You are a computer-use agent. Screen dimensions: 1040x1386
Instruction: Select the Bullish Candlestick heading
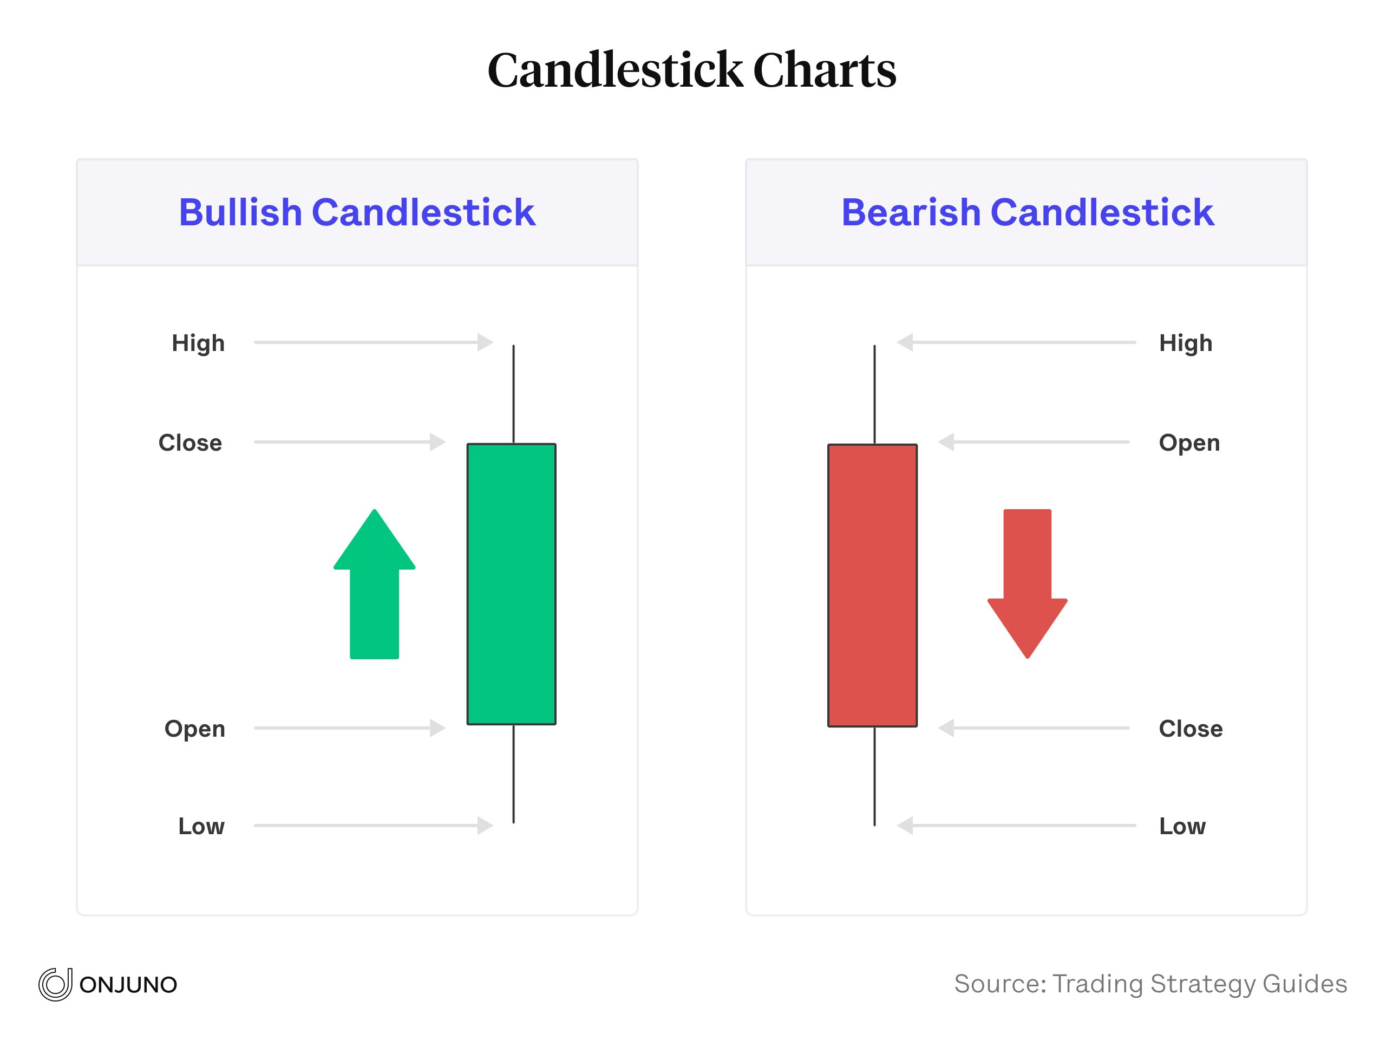coord(357,212)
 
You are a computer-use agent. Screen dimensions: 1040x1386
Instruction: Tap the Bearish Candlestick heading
coord(1027,212)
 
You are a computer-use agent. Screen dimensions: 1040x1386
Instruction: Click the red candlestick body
coord(872,585)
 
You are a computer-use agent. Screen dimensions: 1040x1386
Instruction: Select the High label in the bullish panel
coord(198,343)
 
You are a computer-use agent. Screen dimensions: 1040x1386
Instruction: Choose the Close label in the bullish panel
coord(191,443)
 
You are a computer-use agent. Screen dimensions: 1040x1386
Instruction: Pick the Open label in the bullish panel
coord(195,729)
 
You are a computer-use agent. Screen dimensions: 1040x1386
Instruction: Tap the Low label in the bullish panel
coord(201,826)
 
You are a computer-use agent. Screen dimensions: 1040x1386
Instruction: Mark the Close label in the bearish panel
coord(1191,729)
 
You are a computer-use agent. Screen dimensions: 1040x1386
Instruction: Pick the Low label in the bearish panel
coord(1182,826)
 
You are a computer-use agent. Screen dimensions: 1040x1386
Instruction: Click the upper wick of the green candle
coord(514,394)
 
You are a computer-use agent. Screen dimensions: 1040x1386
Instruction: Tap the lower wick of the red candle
coord(875,776)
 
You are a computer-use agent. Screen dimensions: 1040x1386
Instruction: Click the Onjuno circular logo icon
coord(55,984)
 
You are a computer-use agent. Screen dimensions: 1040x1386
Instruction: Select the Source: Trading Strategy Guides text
coord(1150,984)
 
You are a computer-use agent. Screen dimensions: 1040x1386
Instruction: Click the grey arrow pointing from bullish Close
coord(350,442)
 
